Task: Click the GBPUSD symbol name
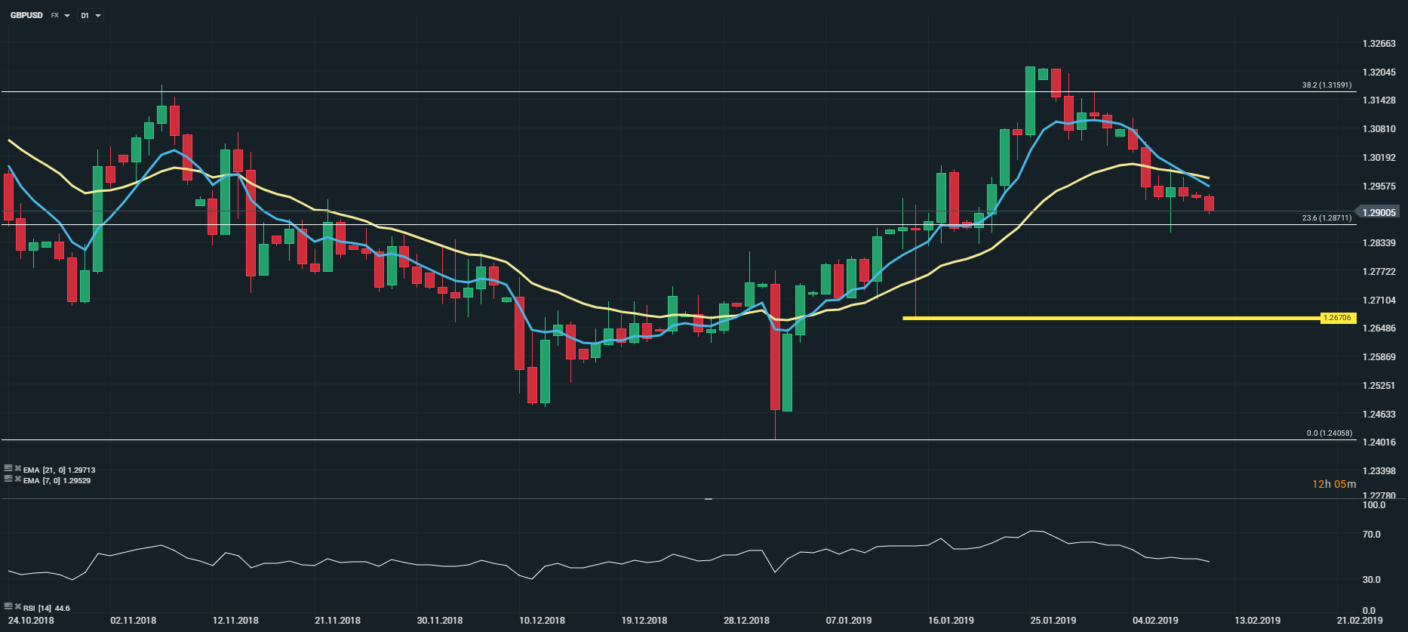pos(26,15)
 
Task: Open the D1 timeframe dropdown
pos(91,16)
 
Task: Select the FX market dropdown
pos(60,16)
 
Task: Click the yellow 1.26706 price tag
pos(1337,318)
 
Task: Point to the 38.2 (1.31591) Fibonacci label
pos(1327,85)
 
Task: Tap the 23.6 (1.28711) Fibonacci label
pos(1327,218)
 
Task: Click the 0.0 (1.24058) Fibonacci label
pos(1330,433)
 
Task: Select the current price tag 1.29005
pos(1379,212)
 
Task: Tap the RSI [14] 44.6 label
pos(46,608)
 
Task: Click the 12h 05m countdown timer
pos(1333,484)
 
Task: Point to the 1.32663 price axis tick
pos(1379,44)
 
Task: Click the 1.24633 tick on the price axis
pos(1379,414)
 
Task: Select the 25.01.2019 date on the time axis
pos(1053,621)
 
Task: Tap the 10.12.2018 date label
pos(542,621)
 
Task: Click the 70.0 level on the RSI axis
pos(1371,535)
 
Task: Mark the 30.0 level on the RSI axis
pos(1371,580)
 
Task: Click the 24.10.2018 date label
pos(31,621)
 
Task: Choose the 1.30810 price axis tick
pos(1379,129)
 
